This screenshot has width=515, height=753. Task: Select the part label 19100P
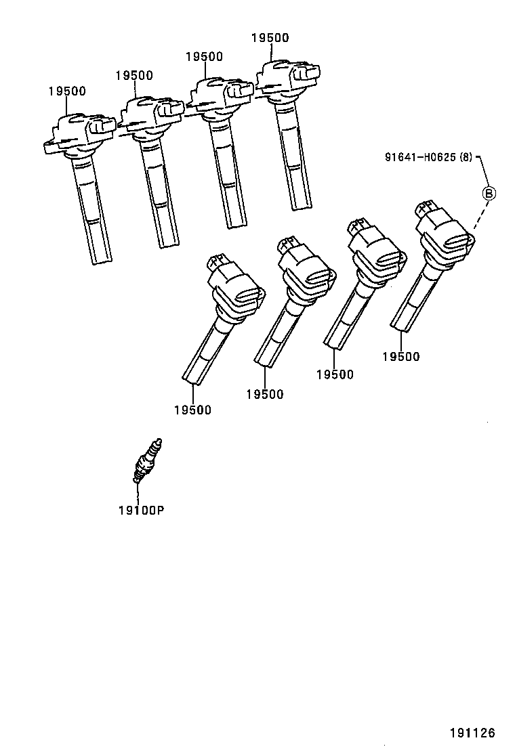141,509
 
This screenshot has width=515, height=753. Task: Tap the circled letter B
488,193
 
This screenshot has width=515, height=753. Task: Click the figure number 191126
472,732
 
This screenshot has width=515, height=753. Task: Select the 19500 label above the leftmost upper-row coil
67,91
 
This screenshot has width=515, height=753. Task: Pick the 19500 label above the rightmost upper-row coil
270,38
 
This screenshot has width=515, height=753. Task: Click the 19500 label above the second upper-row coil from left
133,76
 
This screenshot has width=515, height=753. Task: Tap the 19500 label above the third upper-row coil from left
204,57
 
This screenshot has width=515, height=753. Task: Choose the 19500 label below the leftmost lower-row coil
192,410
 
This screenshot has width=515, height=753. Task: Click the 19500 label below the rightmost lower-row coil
400,357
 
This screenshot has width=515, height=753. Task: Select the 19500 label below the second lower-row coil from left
265,394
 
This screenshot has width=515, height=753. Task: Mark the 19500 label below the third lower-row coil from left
335,374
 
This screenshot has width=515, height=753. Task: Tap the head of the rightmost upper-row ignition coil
287,78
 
